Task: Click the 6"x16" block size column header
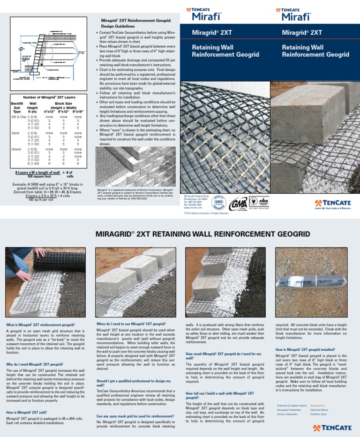click(77, 112)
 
